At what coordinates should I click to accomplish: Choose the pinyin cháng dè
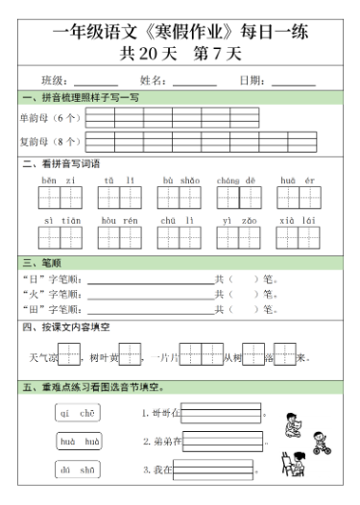[x=235, y=180]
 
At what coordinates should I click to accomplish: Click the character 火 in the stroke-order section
[x=31, y=295]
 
